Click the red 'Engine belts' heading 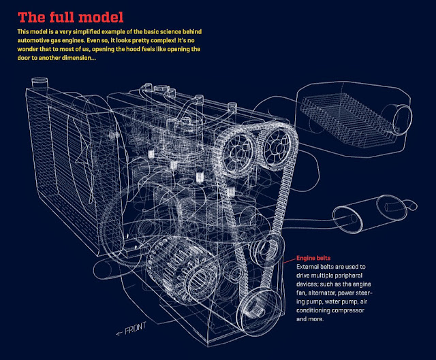[314, 259]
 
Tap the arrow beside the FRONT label [121, 331]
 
